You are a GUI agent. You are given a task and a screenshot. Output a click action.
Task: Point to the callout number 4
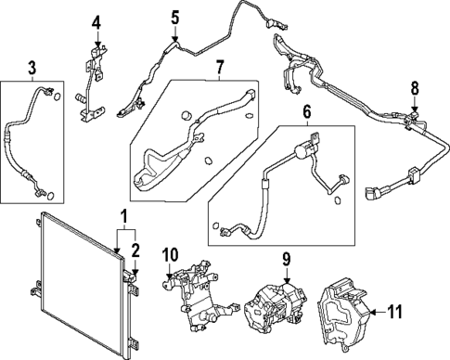click(96, 22)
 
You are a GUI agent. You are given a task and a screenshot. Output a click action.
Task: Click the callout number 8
click(416, 90)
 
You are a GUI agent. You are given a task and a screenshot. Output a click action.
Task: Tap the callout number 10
click(169, 254)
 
